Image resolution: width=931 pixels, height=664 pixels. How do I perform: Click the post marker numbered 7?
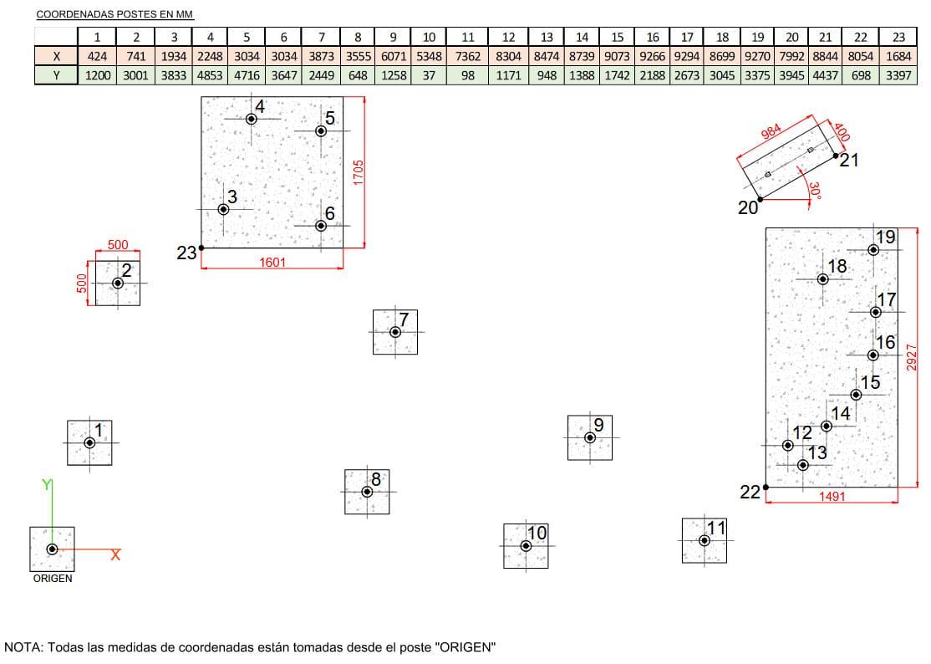[x=395, y=332]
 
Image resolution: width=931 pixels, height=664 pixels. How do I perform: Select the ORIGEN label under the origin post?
[x=53, y=579]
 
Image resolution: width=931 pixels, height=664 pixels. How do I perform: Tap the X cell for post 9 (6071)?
[x=393, y=56]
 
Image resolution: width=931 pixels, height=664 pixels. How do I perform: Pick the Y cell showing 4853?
[x=210, y=75]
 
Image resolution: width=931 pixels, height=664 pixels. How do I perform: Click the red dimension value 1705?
[x=358, y=172]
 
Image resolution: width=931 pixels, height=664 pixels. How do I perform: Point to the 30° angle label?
[x=815, y=190]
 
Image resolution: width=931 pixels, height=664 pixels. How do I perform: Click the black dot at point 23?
[x=202, y=248]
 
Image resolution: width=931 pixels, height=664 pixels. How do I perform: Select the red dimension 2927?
[x=912, y=357]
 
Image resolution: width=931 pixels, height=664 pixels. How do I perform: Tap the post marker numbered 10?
[x=526, y=546]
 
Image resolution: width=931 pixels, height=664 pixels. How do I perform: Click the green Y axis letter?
[x=46, y=485]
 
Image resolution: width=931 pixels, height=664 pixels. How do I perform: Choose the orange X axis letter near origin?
[x=115, y=554]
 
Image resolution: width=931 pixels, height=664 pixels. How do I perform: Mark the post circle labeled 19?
[x=873, y=250]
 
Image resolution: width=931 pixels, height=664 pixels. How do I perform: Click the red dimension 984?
[x=771, y=131]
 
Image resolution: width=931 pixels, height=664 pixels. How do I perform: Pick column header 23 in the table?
[x=898, y=37]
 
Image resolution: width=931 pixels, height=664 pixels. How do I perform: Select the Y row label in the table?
[x=56, y=75]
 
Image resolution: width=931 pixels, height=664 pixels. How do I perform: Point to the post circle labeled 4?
[x=252, y=119]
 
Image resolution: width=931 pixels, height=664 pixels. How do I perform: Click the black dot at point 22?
[x=766, y=487]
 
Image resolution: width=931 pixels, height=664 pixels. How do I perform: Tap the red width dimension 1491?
[x=832, y=496]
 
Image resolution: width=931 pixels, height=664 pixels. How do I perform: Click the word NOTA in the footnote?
[x=23, y=646]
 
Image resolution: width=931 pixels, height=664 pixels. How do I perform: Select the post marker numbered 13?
[x=803, y=465]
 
